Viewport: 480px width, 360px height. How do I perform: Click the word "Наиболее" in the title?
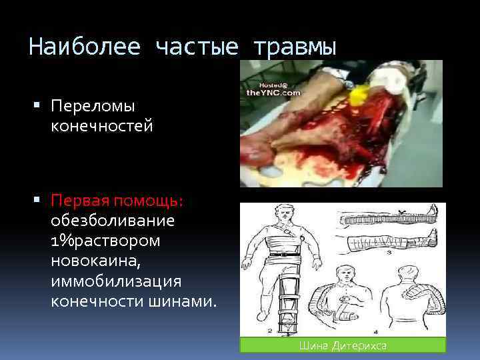pos(85,47)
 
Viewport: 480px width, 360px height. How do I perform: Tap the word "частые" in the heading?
pos(197,47)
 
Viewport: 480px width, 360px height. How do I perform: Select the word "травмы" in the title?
pos(294,47)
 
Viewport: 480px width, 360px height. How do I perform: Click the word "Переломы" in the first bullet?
pos(93,106)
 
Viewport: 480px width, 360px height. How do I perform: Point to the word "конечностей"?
pos(102,125)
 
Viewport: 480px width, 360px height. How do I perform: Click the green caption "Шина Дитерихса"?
pos(343,345)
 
